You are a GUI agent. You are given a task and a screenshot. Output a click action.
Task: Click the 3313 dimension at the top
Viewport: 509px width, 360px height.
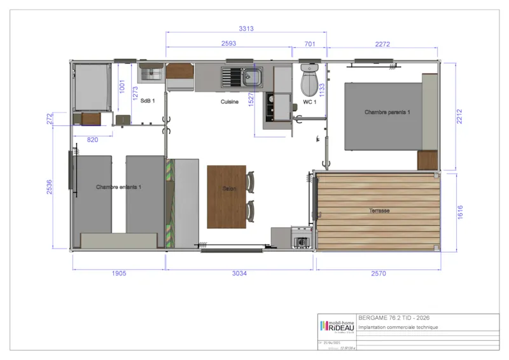(x=246, y=29)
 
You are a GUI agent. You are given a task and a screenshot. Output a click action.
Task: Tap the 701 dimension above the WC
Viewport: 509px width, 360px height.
(x=310, y=44)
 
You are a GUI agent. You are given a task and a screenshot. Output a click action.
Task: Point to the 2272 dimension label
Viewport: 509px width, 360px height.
(x=382, y=44)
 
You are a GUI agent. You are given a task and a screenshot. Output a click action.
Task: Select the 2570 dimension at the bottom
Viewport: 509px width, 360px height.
(x=379, y=273)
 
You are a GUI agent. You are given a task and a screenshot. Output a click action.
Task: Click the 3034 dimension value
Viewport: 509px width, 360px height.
(x=239, y=273)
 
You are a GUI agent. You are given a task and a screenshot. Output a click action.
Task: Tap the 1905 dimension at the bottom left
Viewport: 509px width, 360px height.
(x=119, y=273)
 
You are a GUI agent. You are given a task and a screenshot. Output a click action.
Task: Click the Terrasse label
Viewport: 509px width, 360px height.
(x=379, y=211)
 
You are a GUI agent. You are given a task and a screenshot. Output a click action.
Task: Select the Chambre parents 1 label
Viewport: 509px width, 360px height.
(x=387, y=112)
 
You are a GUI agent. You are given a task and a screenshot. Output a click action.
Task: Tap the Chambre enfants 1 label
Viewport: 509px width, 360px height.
(x=118, y=187)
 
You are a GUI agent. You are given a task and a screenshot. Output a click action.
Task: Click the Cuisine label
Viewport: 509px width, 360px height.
(x=230, y=101)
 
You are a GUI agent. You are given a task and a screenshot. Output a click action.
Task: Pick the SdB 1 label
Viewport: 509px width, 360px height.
(x=148, y=101)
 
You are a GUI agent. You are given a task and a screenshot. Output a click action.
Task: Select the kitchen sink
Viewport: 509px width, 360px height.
(x=242, y=78)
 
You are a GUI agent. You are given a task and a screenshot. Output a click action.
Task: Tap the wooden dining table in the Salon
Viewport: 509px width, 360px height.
(x=227, y=196)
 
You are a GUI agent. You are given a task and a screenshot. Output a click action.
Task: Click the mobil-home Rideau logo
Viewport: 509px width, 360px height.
(x=337, y=326)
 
